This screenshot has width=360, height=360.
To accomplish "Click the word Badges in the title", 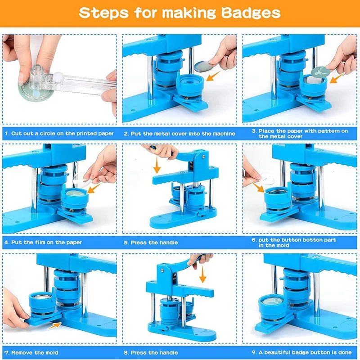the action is coord(251,13).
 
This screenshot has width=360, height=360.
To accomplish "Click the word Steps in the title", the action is coord(104,13).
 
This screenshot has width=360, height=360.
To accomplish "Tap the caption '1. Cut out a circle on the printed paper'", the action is coord(59,133).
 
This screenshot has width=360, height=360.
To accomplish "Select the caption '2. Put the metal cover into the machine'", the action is coord(179,134).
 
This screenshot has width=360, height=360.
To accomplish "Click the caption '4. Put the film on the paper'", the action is coord(43,243).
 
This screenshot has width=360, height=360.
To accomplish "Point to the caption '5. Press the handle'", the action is coord(151,243).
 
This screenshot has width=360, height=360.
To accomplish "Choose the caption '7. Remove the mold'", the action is coord(31,352).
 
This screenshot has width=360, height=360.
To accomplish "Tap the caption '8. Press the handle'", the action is coord(151,352).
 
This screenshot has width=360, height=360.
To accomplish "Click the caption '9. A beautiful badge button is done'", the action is coord(301,352).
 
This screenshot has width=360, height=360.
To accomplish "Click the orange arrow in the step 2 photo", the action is coord(213,76).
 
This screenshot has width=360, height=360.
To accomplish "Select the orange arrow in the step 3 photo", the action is coord(337,78).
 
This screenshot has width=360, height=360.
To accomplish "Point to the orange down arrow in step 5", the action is coord(157,165).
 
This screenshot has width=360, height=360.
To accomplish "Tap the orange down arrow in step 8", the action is coord(202,274).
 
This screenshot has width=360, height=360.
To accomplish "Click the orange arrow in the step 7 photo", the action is coord(54,326).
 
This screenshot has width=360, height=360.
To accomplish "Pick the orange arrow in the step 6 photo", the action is coord(257,186).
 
